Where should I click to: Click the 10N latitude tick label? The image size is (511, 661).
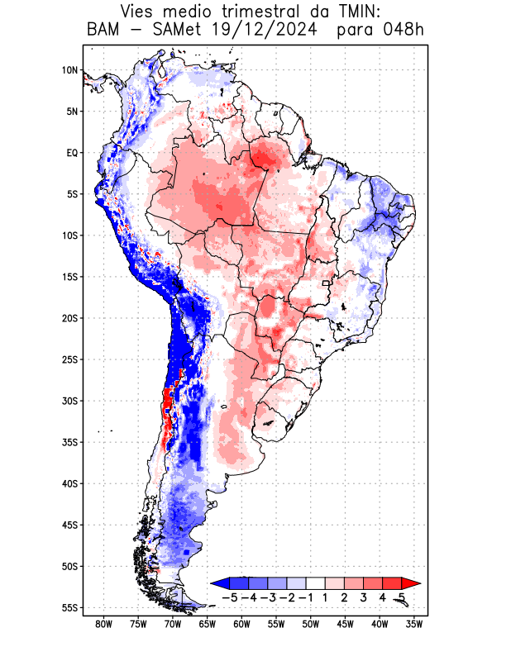coord(69,70)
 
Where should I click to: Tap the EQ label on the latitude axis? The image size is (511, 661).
coord(71,153)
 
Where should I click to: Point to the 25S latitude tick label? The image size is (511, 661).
coord(69,359)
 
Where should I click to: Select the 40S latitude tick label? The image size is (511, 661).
coord(69,483)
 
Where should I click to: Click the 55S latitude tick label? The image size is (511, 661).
coord(69,607)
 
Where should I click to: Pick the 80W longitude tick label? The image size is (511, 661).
coord(104,624)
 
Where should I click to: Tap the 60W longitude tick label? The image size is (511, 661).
coord(241,624)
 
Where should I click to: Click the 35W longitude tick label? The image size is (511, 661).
coord(413,624)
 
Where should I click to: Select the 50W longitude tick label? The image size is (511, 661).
coord(310,624)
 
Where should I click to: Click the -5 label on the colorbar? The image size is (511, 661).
coord(230,597)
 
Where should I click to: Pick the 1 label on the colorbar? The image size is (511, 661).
coord(326,597)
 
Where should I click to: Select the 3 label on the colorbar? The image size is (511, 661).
coord(364,597)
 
